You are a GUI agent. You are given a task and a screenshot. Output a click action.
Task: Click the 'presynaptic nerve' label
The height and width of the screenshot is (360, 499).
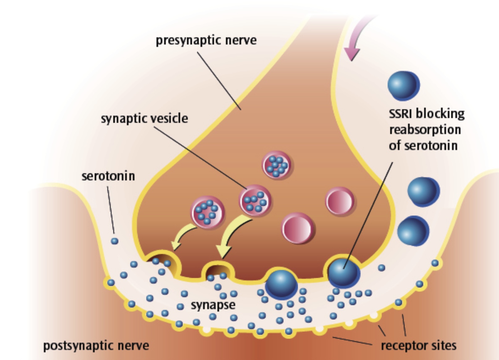[206, 41]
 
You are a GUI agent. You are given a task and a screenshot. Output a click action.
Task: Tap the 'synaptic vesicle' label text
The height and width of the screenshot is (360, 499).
[144, 118]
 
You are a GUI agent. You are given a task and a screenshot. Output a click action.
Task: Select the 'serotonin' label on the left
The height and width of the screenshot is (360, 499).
[108, 176]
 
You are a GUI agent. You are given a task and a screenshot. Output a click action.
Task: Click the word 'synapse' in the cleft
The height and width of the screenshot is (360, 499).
[213, 305]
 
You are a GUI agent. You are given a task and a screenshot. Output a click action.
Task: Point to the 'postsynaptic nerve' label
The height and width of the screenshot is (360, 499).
[96, 345]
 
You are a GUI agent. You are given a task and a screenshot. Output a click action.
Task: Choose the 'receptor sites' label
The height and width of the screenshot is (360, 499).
[418, 345]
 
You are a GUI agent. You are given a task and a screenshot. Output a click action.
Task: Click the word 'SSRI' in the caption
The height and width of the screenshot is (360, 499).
[401, 114]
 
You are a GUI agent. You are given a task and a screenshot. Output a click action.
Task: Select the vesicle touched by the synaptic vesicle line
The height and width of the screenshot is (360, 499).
[255, 201]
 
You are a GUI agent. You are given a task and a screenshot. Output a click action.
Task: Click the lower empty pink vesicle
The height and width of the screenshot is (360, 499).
[297, 228]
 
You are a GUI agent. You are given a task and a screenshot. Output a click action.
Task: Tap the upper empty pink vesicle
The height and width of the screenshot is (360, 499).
[340, 201]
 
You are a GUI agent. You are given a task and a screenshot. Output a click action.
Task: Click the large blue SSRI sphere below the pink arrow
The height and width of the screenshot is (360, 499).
[403, 85]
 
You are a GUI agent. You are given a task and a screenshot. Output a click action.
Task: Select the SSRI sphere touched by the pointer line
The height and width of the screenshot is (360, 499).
[343, 272]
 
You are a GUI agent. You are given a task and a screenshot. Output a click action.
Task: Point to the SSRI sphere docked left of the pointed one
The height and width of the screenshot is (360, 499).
[281, 284]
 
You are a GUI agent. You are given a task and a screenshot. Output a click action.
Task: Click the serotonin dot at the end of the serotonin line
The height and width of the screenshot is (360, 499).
[114, 241]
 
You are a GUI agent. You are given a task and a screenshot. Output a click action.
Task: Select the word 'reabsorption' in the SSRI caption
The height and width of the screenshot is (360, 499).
[425, 130]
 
